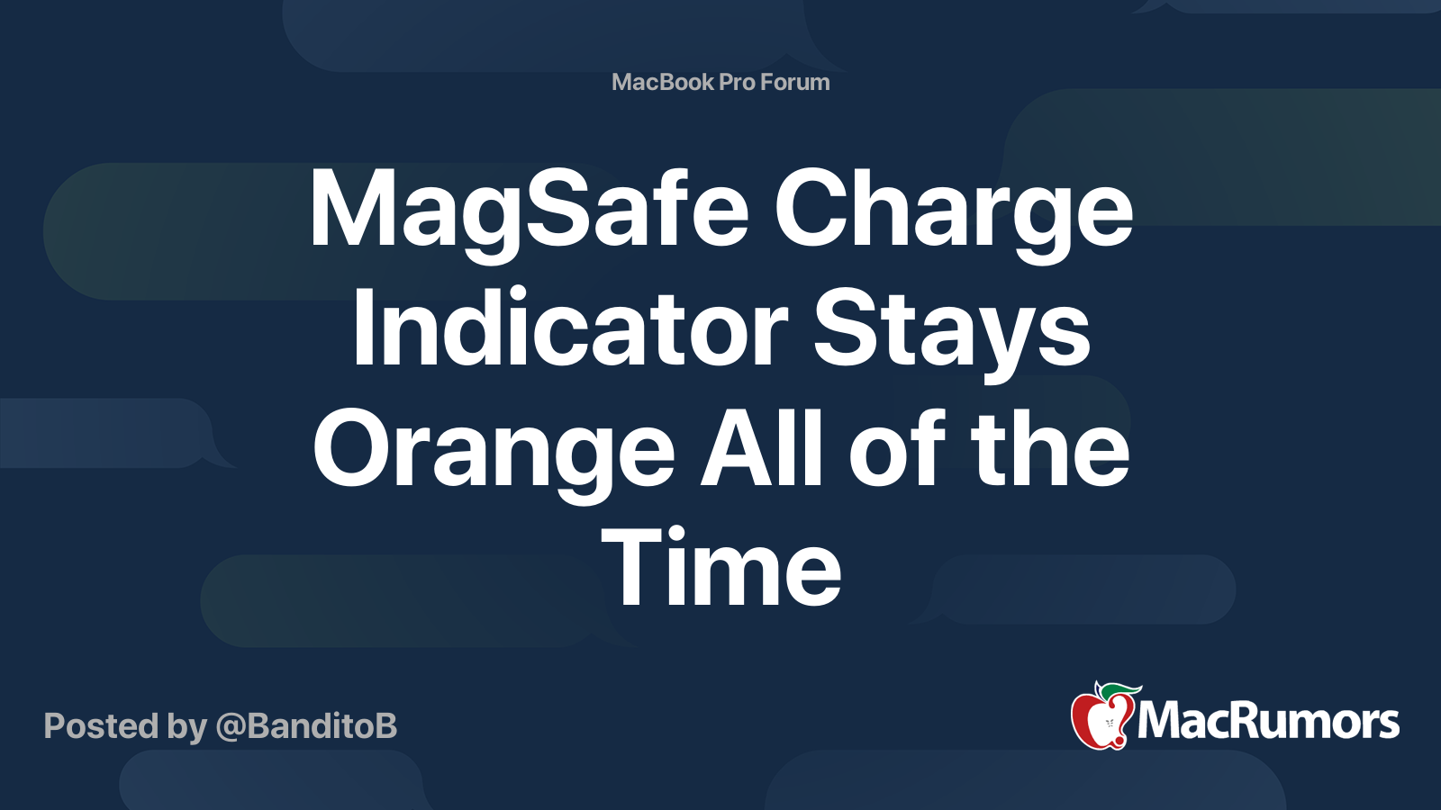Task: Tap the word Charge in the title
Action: tap(953, 211)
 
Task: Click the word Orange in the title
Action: tap(494, 450)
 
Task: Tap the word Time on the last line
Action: tap(721, 568)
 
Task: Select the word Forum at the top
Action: tap(794, 82)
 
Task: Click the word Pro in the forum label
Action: tap(737, 82)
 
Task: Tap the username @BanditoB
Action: tap(306, 726)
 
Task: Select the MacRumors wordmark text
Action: tap(1268, 722)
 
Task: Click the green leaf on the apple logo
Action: tap(1122, 688)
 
